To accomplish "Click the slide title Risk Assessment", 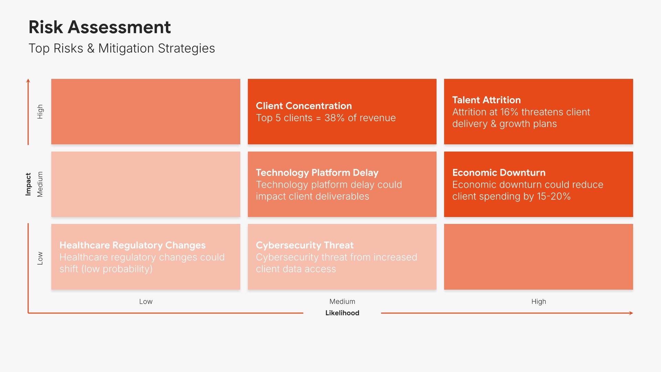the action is click(99, 27).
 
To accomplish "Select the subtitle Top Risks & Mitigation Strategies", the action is click(122, 49).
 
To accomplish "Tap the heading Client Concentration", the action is click(304, 106).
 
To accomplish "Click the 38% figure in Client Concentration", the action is click(334, 118).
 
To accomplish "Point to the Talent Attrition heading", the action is click(486, 100).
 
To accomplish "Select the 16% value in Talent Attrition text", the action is click(509, 112).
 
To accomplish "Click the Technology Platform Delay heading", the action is click(317, 173).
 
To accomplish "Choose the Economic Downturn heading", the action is click(499, 173).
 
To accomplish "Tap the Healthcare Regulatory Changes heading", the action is click(133, 245).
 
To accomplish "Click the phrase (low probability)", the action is click(117, 269).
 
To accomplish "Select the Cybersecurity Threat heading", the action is click(305, 245).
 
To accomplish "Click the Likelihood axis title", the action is click(342, 313).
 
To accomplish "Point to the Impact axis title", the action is click(28, 184).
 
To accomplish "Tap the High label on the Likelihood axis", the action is click(538, 302).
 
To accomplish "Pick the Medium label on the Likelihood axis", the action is click(342, 301).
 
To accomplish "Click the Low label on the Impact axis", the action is click(40, 258).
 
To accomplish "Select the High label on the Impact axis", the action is click(40, 112).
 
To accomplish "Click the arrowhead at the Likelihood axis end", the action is click(631, 313).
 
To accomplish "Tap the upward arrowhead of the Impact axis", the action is click(28, 81).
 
